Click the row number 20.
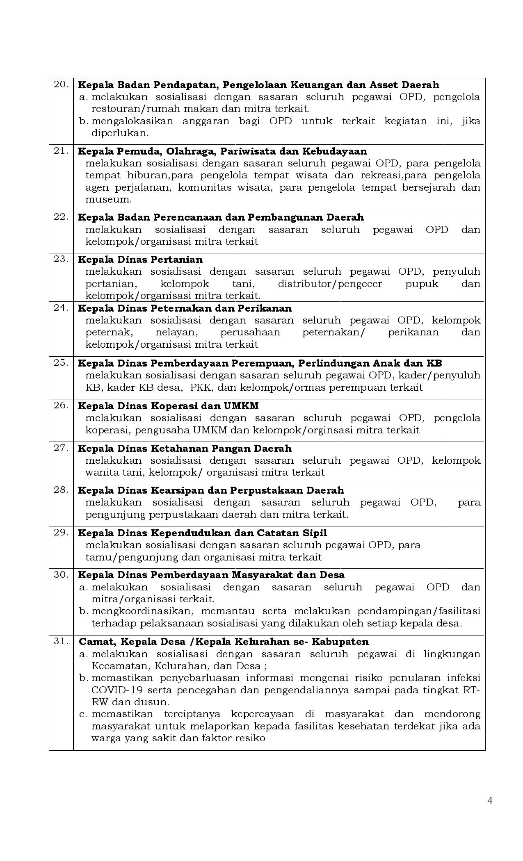pyautogui.click(x=61, y=84)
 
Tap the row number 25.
pyautogui.click(x=61, y=363)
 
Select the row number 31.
pyautogui.click(x=61, y=641)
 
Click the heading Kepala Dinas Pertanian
pyautogui.click(x=140, y=260)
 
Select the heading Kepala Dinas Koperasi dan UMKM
pyautogui.click(x=168, y=406)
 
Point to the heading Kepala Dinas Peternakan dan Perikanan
pyautogui.click(x=185, y=308)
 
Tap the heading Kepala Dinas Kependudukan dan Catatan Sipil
pyautogui.click(x=202, y=533)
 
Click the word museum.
pyautogui.click(x=108, y=200)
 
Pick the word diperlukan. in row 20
pyautogui.click(x=120, y=133)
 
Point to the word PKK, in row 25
pyautogui.click(x=201, y=387)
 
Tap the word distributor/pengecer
pyautogui.click(x=330, y=284)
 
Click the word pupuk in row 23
pyautogui.click(x=422, y=284)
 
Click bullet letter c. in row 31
pyautogui.click(x=84, y=714)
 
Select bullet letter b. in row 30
pyautogui.click(x=84, y=611)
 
